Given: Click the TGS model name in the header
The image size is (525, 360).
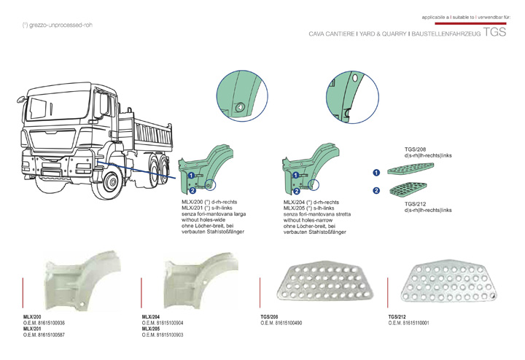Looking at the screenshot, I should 494,34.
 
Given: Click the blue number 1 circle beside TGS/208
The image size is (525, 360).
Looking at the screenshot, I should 376,173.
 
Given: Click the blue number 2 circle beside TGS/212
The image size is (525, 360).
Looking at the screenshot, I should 376,191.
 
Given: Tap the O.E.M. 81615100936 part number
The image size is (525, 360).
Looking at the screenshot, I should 44,323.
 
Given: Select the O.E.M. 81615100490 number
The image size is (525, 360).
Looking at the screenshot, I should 281,323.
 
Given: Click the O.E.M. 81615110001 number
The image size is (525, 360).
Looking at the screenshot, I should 409,323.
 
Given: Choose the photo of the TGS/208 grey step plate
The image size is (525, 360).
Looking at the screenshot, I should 322,284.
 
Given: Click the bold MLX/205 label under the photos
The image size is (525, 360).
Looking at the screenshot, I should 152,329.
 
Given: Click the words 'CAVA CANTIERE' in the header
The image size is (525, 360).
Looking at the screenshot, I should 332,34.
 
